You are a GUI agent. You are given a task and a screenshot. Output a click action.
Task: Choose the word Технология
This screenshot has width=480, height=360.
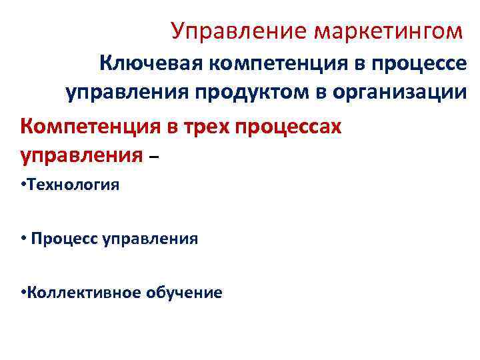coord(73,185)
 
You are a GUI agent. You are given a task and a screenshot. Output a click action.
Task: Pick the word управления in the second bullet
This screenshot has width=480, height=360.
coord(150,238)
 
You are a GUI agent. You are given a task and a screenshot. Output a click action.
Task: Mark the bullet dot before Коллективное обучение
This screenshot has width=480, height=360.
coord(23,291)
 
